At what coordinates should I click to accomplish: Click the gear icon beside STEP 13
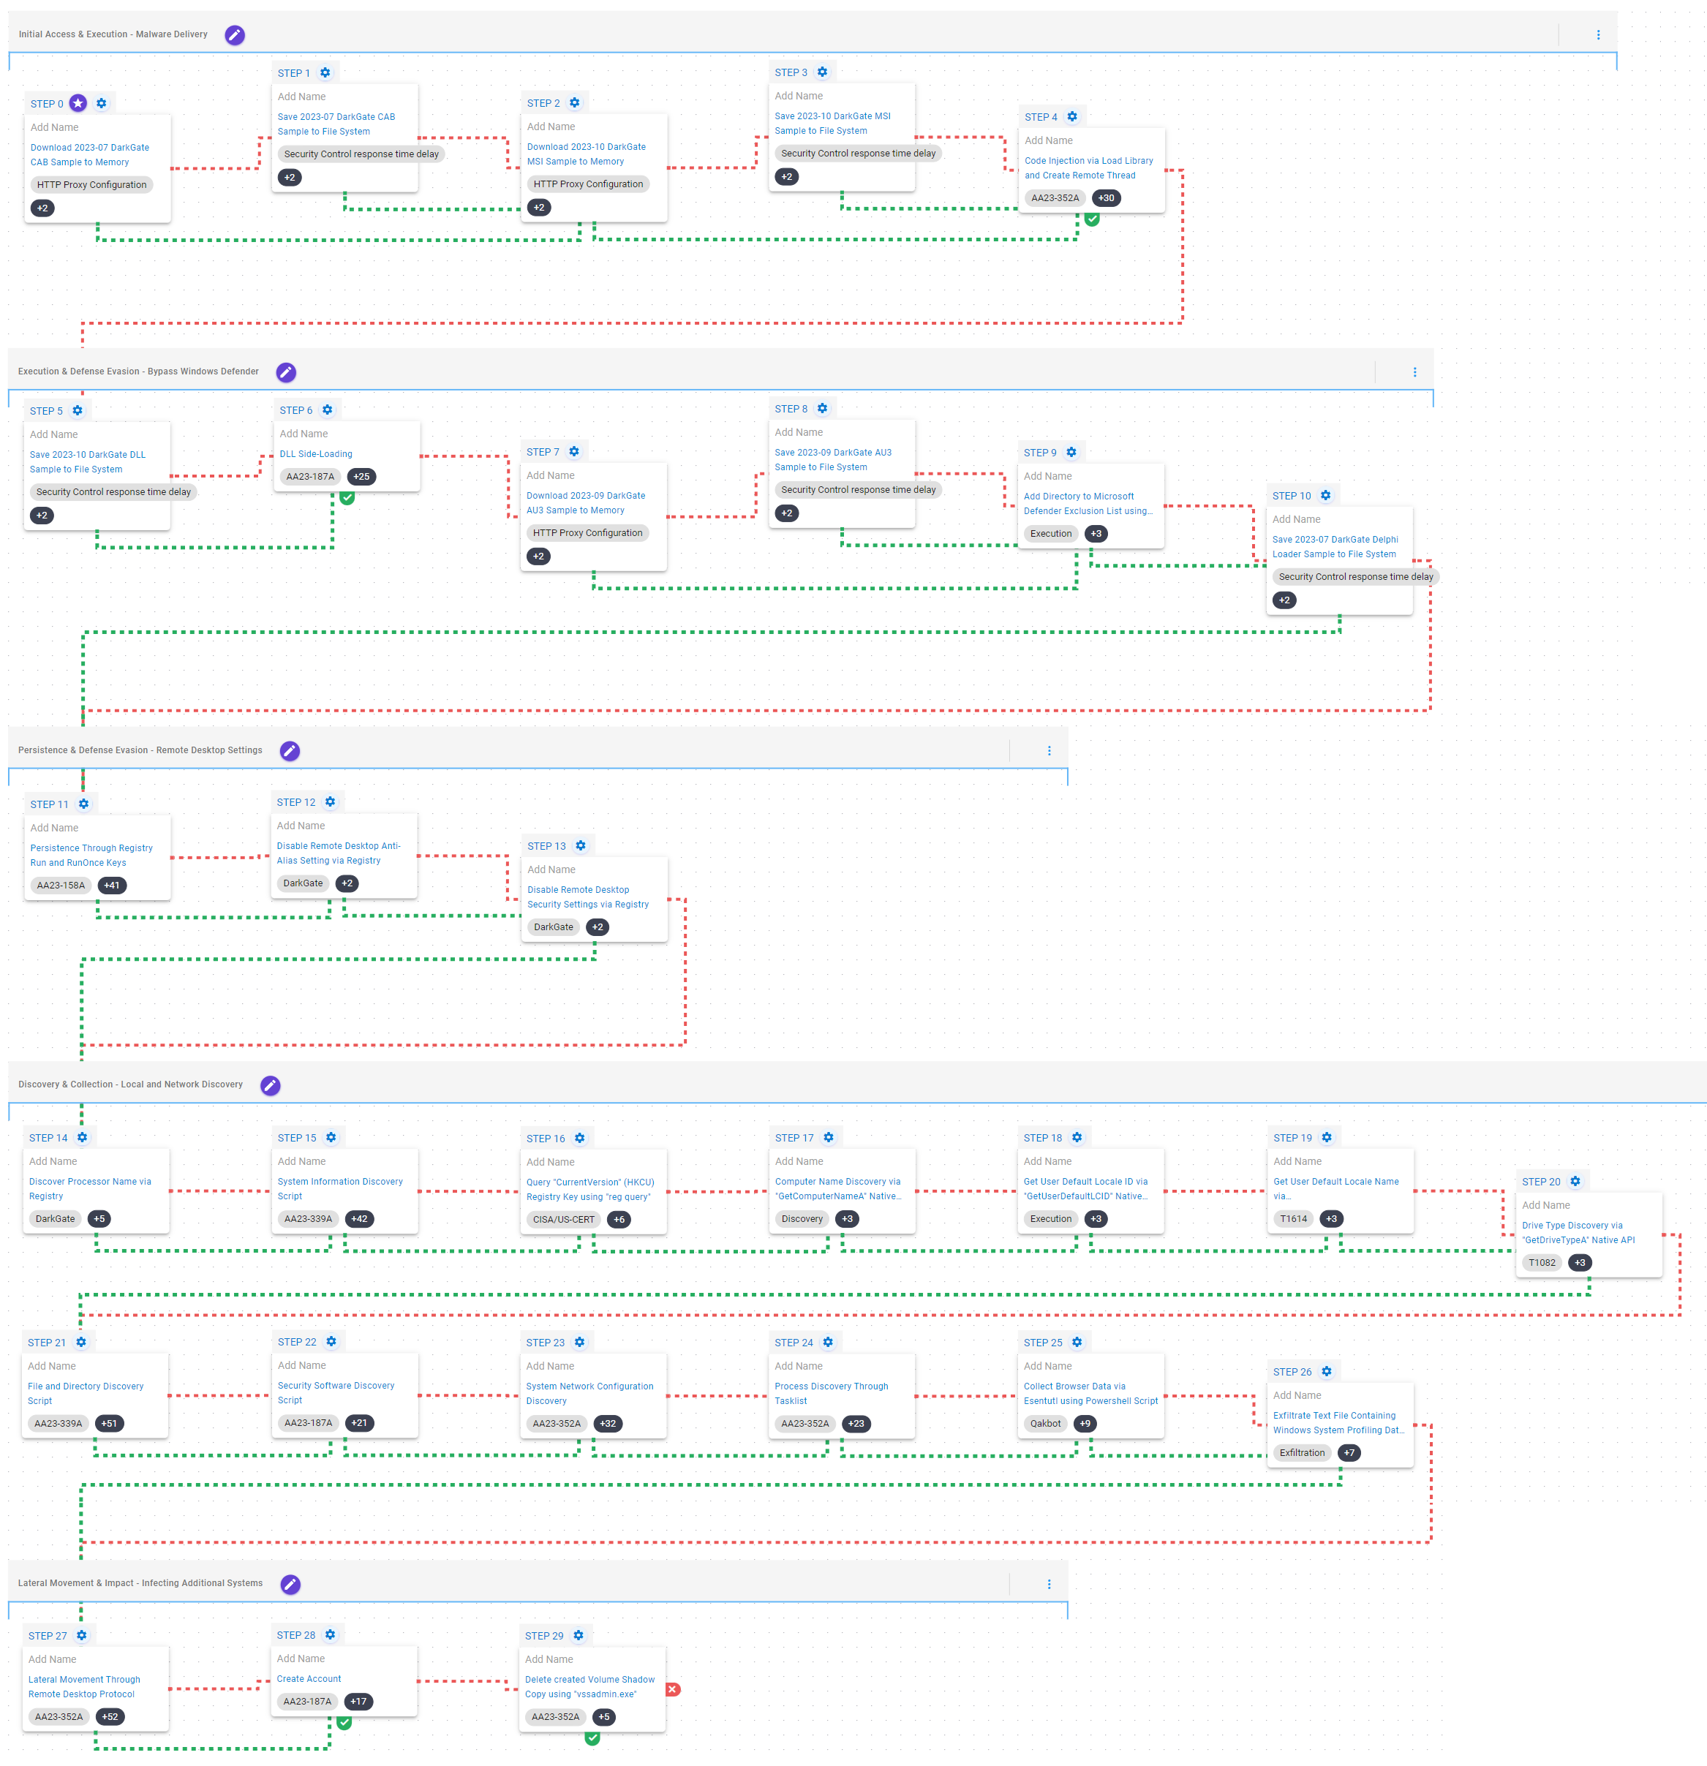click(581, 846)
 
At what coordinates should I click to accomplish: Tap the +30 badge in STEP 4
click(1106, 198)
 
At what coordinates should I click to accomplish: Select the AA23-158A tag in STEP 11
click(61, 886)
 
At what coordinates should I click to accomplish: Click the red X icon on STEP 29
click(672, 1689)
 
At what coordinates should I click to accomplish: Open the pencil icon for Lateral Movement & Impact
click(290, 1583)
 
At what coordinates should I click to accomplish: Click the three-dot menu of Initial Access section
click(1598, 35)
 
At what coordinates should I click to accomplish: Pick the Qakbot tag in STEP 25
click(1045, 1424)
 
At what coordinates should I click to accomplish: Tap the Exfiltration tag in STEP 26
click(1301, 1452)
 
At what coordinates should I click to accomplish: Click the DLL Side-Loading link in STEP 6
click(315, 454)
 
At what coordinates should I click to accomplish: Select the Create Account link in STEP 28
click(308, 1678)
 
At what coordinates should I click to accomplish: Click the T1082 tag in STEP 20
click(1541, 1262)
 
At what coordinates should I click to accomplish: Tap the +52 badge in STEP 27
click(110, 1716)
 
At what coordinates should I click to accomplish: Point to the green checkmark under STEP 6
click(347, 497)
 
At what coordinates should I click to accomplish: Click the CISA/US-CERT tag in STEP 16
click(563, 1219)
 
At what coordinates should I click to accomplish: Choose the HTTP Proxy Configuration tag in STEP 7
click(587, 533)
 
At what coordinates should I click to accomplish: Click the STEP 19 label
click(1292, 1138)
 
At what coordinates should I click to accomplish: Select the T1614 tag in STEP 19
click(1293, 1219)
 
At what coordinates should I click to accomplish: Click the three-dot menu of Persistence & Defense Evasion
click(1049, 750)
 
